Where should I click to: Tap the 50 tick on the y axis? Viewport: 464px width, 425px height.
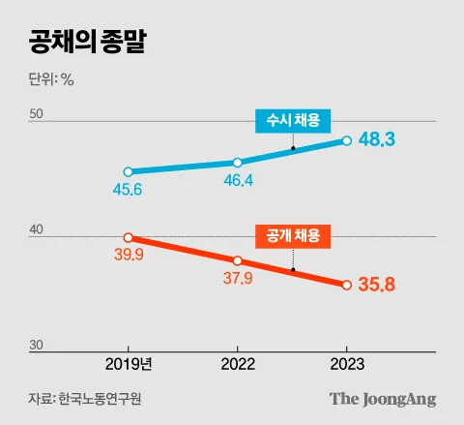[x=36, y=114]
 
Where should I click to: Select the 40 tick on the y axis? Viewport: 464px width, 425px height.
[x=36, y=230]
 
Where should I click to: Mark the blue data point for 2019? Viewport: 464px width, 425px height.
[x=129, y=171]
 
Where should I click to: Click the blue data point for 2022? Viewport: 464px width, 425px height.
[x=238, y=163]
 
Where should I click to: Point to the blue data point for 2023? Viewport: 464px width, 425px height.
[x=346, y=140]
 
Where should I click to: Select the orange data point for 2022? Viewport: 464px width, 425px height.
[x=238, y=260]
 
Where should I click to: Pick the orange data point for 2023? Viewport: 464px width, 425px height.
[x=346, y=285]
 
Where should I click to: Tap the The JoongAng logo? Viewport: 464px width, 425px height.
[x=383, y=399]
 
